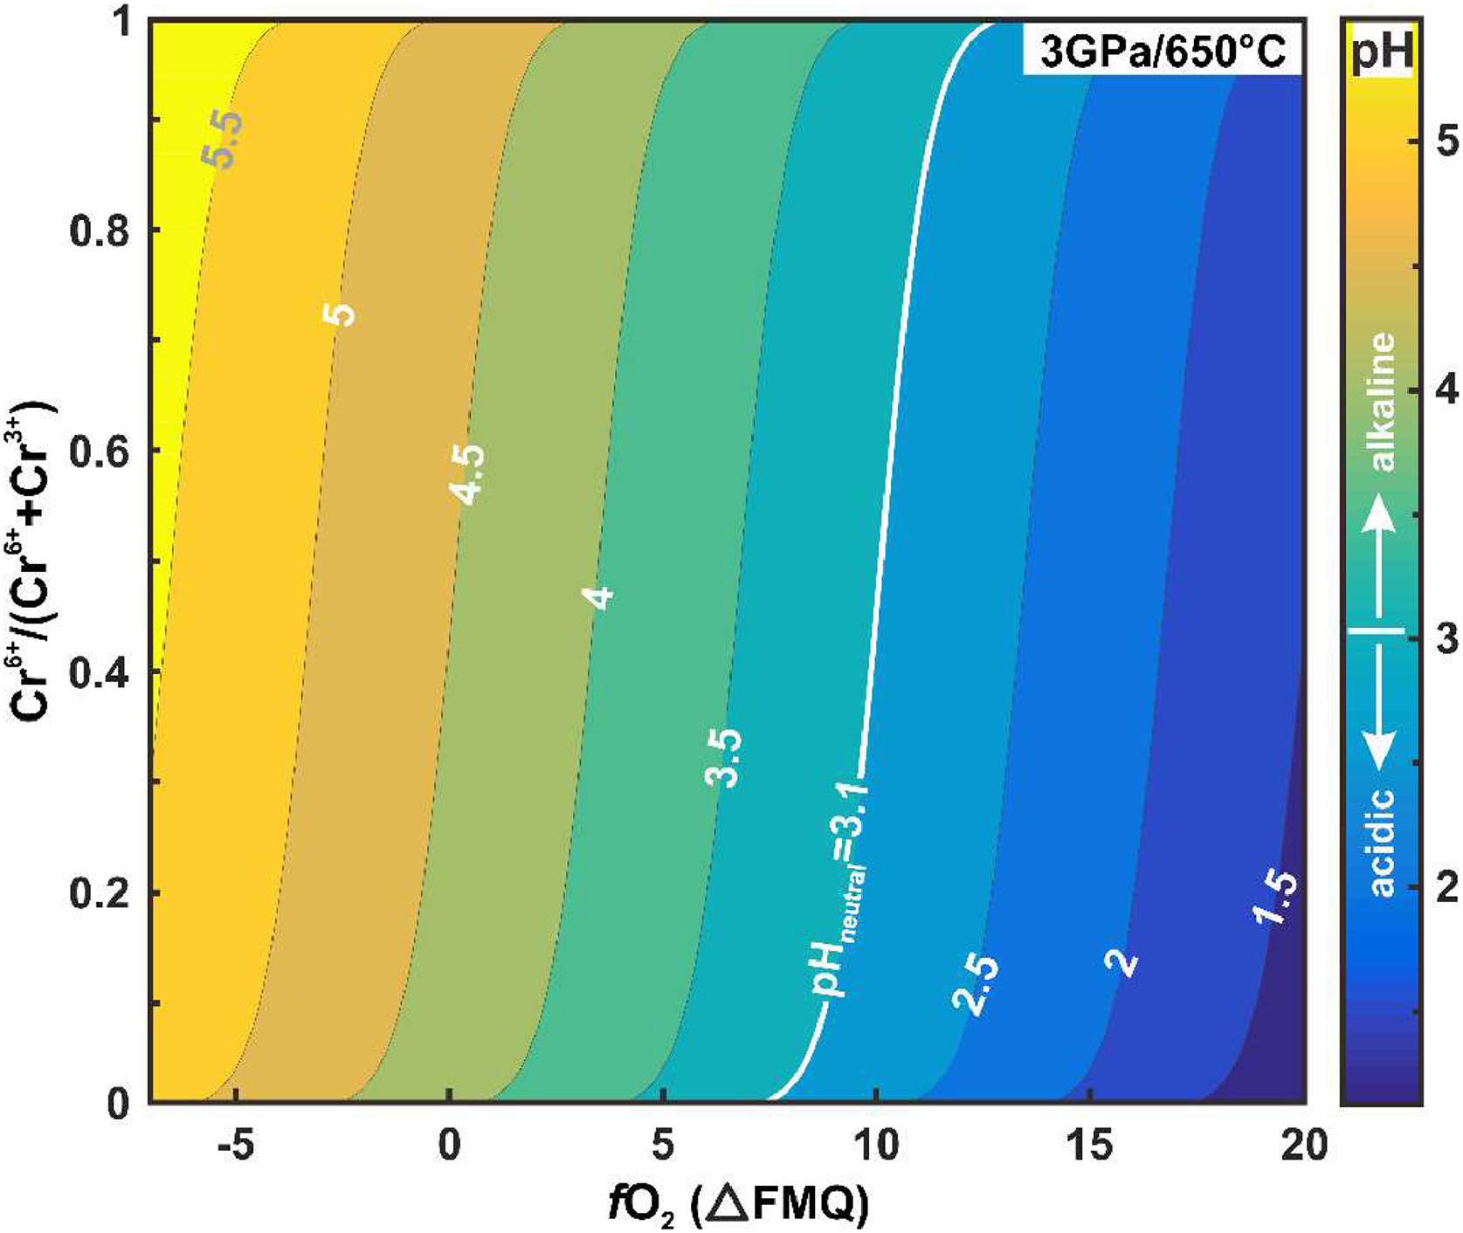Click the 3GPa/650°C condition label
1162,54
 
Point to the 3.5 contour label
724,757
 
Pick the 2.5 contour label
976,985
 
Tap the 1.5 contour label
1274,910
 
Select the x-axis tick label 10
877,1146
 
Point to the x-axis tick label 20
1304,1146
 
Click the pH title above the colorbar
1382,55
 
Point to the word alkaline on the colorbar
1381,403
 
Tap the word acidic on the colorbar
1381,841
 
